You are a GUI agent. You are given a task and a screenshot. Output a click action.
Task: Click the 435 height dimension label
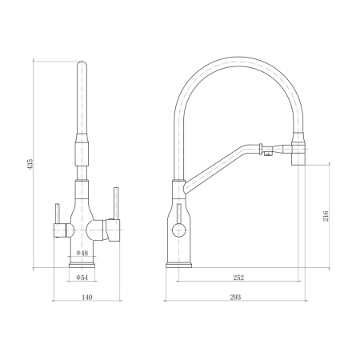(x=30, y=164)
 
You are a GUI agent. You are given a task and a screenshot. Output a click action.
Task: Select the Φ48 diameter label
(x=82, y=253)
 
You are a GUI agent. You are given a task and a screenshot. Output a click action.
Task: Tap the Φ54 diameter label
(x=82, y=278)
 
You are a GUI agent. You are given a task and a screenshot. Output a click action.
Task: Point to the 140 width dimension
(x=87, y=297)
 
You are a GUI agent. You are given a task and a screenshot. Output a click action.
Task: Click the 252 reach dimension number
(x=238, y=278)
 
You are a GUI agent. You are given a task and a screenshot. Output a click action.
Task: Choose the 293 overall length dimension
(x=235, y=297)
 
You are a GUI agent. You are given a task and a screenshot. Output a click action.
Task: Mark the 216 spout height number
(x=326, y=216)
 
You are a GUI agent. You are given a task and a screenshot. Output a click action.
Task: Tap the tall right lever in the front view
(x=116, y=203)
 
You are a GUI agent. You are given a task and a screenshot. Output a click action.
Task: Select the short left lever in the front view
(x=57, y=214)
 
